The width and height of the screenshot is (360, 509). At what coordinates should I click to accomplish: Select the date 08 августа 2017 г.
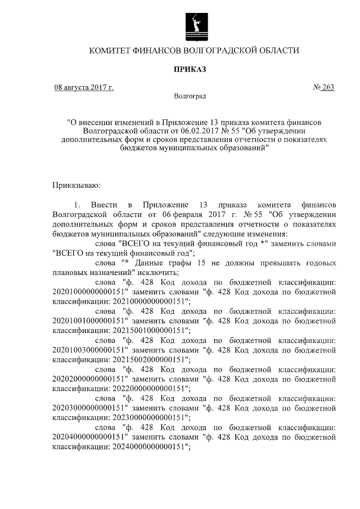(x=83, y=88)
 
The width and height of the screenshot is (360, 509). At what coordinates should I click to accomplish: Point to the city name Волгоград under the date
(x=190, y=96)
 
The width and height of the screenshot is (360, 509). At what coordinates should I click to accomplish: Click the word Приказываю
(x=76, y=184)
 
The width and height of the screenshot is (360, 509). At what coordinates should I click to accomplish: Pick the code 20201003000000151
(x=88, y=350)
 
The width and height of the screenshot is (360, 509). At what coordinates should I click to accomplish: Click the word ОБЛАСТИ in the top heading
(x=275, y=51)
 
